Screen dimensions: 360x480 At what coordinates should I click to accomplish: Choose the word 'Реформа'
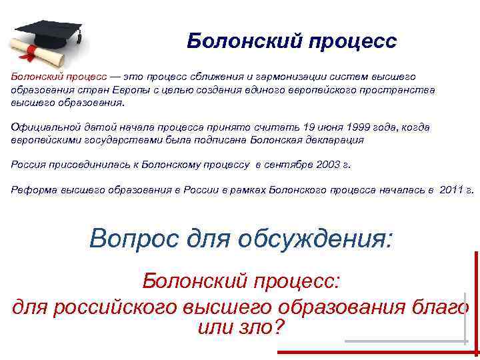click(x=31, y=189)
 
